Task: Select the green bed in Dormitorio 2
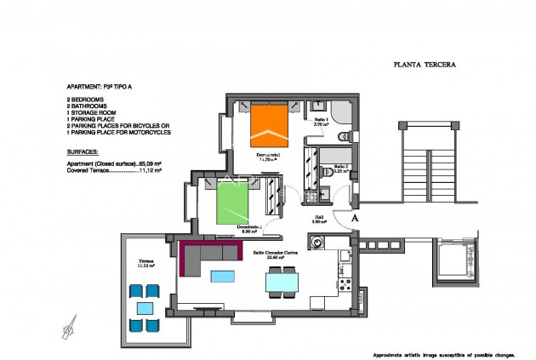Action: (x=233, y=204)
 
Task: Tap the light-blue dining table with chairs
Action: (x=282, y=281)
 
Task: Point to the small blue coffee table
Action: (x=221, y=275)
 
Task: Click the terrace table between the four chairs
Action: (x=145, y=307)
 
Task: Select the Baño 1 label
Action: (x=322, y=121)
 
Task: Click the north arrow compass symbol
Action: (x=72, y=323)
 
